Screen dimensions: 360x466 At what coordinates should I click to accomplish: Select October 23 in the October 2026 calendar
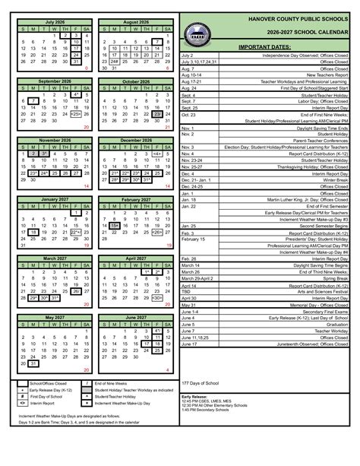click(x=157, y=113)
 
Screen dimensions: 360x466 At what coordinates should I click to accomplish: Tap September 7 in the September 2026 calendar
click(x=33, y=100)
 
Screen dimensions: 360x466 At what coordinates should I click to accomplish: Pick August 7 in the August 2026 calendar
click(x=157, y=42)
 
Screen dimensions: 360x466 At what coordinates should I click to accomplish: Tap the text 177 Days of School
click(x=201, y=382)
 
